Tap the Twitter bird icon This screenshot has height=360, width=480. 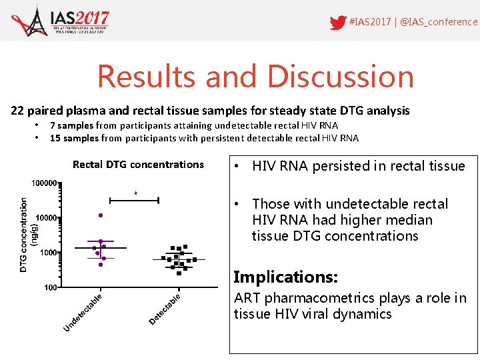(338, 23)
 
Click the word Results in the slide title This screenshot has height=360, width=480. (147, 76)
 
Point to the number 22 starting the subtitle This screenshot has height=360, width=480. (17, 111)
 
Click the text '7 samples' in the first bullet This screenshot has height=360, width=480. (71, 125)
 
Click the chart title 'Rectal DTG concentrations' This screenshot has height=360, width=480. (138, 165)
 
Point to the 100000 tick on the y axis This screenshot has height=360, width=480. (45, 183)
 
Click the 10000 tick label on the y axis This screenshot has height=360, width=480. (47, 218)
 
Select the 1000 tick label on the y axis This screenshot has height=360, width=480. (49, 253)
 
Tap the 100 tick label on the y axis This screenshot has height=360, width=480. (51, 288)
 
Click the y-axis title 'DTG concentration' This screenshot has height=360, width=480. (23, 234)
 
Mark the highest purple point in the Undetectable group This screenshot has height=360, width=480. (101, 215)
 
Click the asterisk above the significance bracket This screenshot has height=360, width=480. (136, 194)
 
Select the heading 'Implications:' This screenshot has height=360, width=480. (285, 277)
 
